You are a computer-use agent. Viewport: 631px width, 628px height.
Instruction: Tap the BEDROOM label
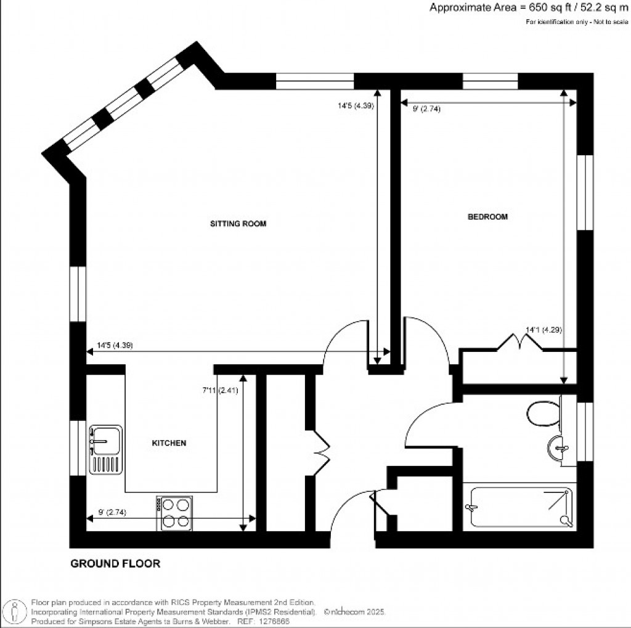[487, 217]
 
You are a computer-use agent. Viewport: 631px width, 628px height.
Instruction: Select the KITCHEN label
[169, 443]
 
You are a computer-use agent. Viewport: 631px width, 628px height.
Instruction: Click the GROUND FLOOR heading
[115, 563]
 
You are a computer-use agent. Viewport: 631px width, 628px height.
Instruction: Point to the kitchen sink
[105, 449]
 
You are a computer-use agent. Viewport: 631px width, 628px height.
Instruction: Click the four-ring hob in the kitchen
[176, 513]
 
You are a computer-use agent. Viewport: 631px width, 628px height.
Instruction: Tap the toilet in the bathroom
[543, 414]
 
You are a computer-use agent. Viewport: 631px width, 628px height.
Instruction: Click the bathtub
[520, 507]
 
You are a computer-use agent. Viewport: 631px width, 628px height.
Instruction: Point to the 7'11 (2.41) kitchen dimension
[219, 390]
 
